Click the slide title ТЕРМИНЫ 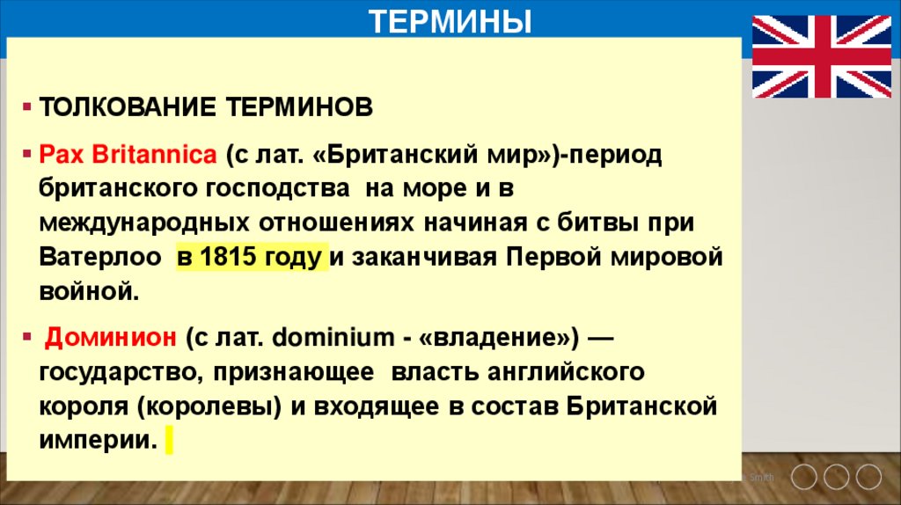pyautogui.click(x=450, y=19)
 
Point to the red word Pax pyautogui.click(x=55, y=155)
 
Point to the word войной pyautogui.click(x=89, y=291)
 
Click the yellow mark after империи pyautogui.click(x=167, y=440)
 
